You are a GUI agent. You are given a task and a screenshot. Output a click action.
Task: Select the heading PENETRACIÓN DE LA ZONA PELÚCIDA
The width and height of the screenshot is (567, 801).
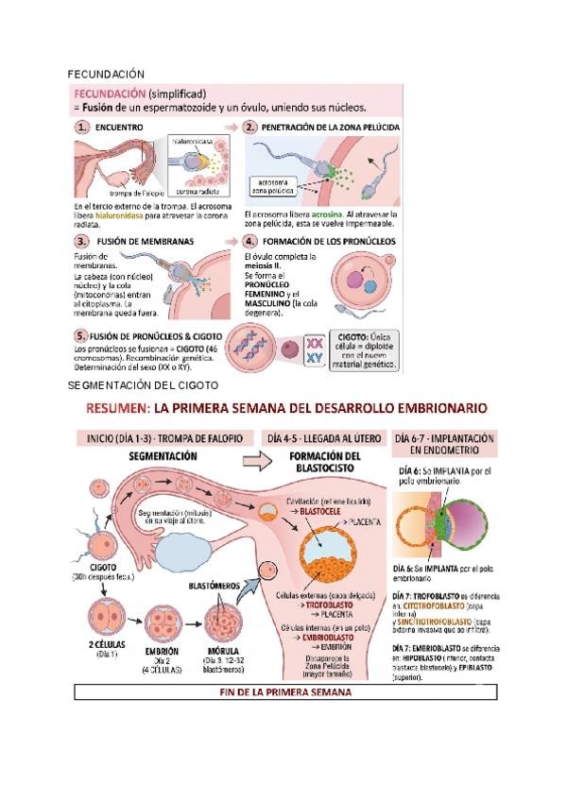pos(330,126)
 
